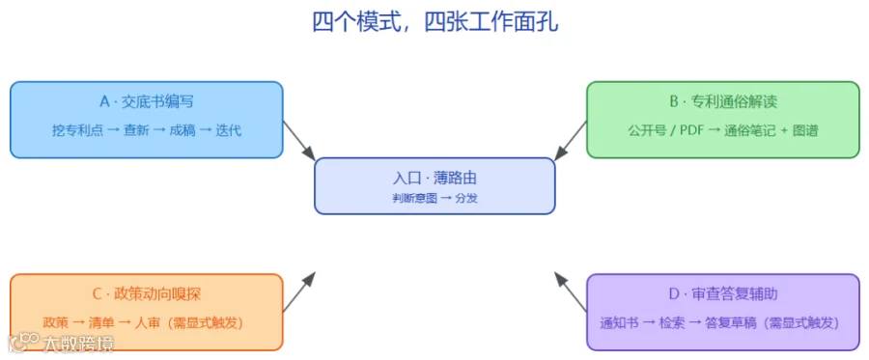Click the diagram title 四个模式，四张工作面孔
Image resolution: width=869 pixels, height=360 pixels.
point(435,23)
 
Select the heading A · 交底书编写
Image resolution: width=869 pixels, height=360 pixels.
point(147,102)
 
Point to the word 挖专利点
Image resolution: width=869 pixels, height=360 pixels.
point(77,130)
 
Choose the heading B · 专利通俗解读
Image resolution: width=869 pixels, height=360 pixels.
point(722,102)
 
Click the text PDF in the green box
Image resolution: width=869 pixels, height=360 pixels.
point(691,130)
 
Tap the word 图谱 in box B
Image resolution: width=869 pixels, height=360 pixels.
point(806,130)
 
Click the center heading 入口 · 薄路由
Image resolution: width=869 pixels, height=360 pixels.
point(434,179)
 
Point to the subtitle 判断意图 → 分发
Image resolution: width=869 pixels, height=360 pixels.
point(434,198)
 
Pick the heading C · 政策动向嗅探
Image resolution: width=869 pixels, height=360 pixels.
point(147,294)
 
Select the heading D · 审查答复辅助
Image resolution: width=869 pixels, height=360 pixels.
point(722,294)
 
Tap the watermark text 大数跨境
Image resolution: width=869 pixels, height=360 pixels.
point(79,344)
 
